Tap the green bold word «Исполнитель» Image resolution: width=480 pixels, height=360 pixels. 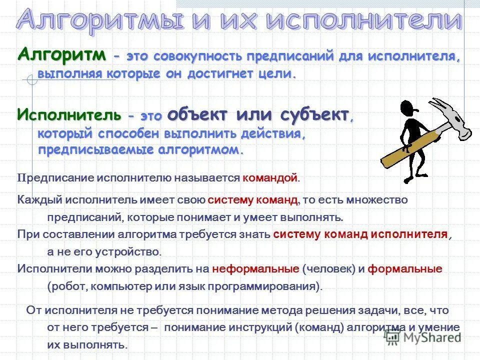69,114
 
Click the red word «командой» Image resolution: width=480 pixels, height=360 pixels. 270,177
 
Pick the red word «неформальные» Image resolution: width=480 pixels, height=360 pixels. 255,268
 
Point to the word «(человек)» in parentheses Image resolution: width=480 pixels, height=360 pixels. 328,268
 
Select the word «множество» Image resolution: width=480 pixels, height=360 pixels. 383,200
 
